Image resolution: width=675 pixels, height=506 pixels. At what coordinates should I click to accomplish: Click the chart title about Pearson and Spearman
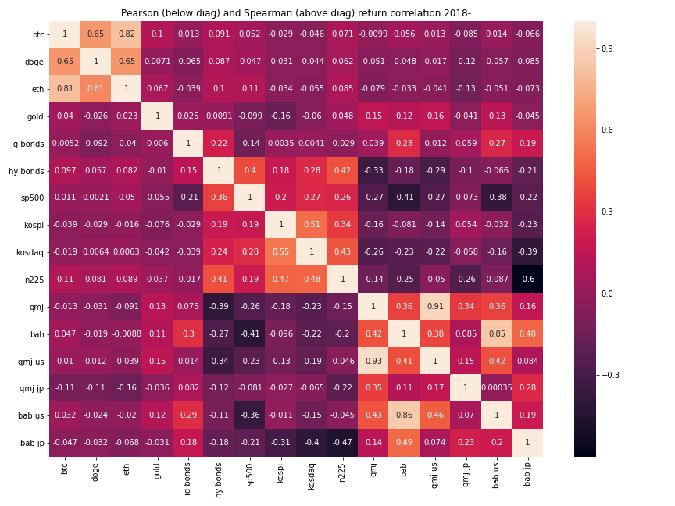pos(296,13)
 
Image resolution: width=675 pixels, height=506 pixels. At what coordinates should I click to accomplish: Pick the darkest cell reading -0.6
pos(528,279)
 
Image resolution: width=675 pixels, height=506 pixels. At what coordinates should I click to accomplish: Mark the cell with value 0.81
pos(66,88)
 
